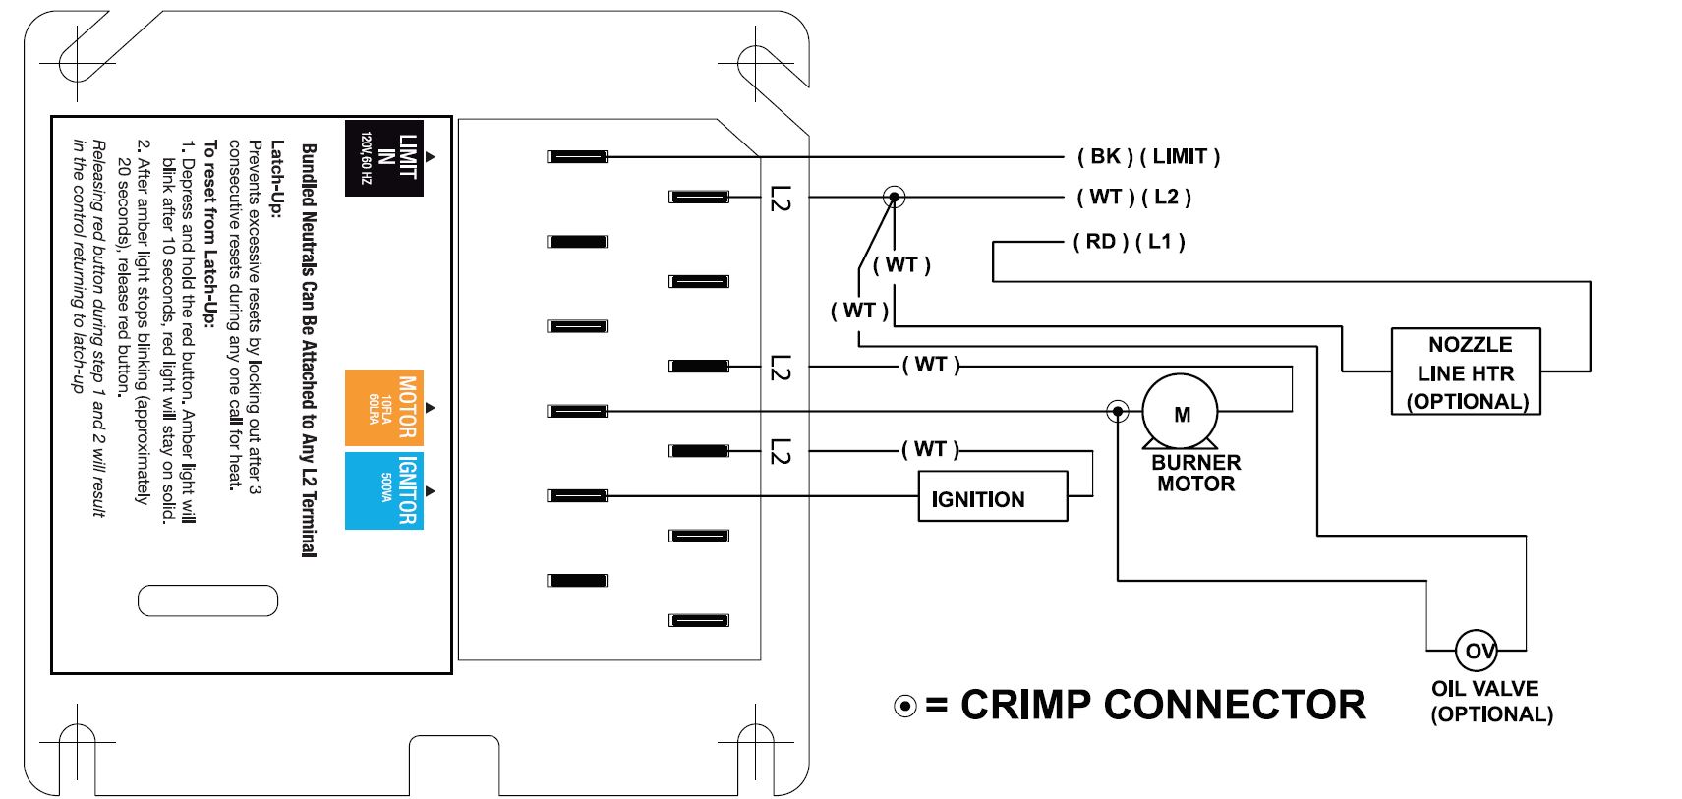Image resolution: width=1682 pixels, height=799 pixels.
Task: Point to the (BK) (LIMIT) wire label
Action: coord(1148,157)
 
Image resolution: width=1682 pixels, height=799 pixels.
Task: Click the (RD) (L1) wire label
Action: coord(1129,242)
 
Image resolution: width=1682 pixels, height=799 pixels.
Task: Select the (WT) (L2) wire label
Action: coord(1133,198)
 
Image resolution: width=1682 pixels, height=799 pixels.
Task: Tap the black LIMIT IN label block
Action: coord(384,157)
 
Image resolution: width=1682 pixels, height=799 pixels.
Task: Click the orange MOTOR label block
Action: coord(384,408)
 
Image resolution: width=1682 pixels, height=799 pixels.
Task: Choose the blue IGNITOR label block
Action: coord(384,491)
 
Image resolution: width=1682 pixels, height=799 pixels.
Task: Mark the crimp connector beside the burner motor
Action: coord(1118,412)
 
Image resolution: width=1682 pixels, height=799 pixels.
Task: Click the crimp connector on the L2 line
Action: coord(894,198)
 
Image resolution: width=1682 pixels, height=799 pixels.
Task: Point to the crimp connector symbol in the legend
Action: coord(905,706)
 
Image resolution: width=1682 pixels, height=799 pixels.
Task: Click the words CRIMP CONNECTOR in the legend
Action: coord(1163,705)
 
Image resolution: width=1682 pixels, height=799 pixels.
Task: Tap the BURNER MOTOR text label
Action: coord(1196,473)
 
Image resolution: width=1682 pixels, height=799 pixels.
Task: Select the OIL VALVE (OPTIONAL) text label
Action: coord(1491,702)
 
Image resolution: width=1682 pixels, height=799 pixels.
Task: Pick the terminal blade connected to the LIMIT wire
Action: coord(577,157)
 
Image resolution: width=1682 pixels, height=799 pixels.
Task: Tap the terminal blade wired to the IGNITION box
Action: coord(577,495)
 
